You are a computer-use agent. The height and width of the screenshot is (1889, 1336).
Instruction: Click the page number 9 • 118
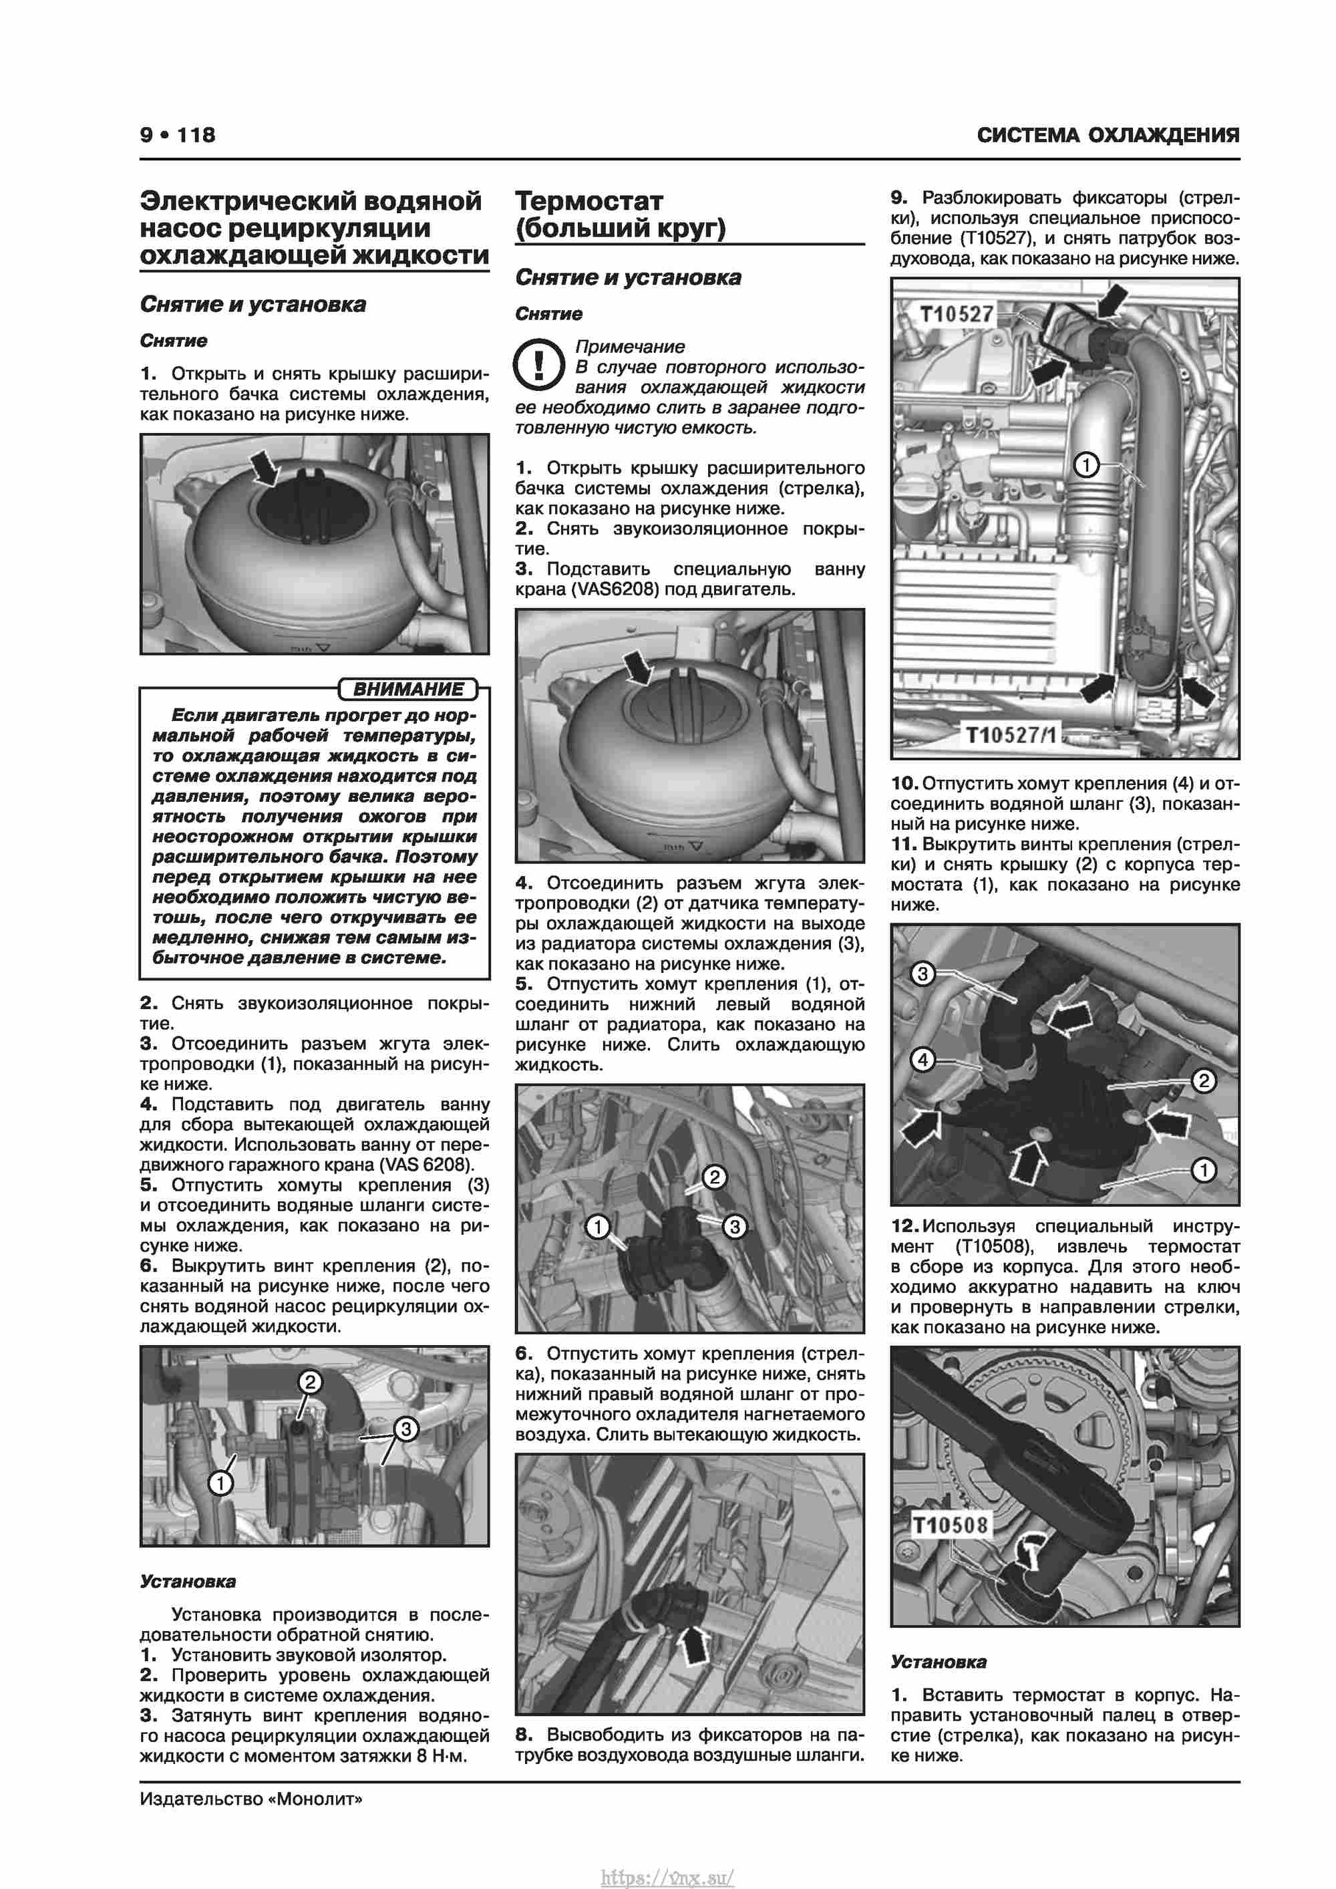pyautogui.click(x=178, y=135)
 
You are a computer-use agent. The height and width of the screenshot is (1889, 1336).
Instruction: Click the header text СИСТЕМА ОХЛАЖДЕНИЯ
pyautogui.click(x=1108, y=136)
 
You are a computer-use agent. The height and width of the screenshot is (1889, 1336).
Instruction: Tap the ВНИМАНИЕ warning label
pyautogui.click(x=408, y=689)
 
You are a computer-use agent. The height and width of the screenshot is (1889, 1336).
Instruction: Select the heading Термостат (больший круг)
pyautogui.click(x=621, y=214)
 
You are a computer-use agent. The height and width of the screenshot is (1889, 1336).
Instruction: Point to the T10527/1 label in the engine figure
pyautogui.click(x=1012, y=733)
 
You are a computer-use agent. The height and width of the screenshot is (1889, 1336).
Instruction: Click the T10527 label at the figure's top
pyautogui.click(x=956, y=314)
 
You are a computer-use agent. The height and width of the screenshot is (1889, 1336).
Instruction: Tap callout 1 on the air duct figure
pyautogui.click(x=1086, y=466)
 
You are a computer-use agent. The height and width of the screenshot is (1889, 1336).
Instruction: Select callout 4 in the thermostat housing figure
pyautogui.click(x=923, y=1059)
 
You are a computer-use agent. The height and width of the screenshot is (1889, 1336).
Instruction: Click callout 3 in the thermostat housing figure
pyautogui.click(x=923, y=974)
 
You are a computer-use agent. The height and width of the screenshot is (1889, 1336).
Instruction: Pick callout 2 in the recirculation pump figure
pyautogui.click(x=309, y=1381)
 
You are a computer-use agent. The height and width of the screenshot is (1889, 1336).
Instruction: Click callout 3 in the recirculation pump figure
pyautogui.click(x=405, y=1428)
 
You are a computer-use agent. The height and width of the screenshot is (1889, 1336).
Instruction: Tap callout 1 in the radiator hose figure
pyautogui.click(x=597, y=1227)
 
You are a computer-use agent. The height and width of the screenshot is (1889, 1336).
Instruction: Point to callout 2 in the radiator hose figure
pyautogui.click(x=714, y=1177)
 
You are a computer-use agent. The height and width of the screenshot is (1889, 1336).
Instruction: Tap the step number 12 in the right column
pyautogui.click(x=904, y=1227)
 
